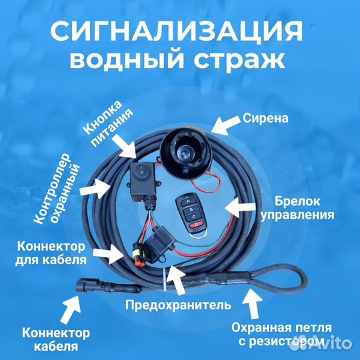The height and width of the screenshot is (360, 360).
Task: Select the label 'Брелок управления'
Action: coord(304,207)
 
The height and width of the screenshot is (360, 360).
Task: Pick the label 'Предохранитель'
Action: coord(178,306)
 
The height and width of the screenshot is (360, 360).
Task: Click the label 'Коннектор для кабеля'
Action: coord(51,251)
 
